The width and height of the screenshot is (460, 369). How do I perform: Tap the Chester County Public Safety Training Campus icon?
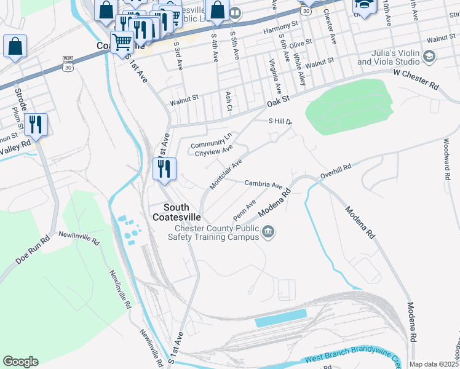click(268, 232)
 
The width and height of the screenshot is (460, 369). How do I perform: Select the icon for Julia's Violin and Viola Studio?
click(429, 57)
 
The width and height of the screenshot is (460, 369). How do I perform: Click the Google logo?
click(20, 362)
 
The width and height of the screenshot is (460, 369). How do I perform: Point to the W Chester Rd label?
click(416, 80)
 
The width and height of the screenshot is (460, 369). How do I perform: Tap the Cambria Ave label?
click(263, 184)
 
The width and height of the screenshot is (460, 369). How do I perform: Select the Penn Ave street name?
click(244, 211)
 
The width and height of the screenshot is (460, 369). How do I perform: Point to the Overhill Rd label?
click(335, 172)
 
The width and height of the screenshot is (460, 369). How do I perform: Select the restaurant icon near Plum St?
click(36, 125)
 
